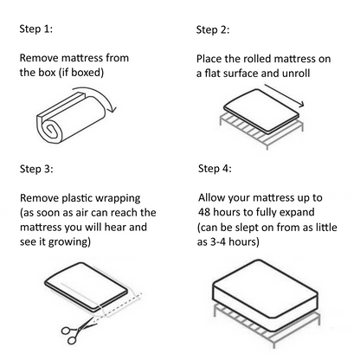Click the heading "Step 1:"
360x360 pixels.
[35, 29]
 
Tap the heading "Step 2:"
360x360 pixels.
[213, 30]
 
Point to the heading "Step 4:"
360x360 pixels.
[215, 168]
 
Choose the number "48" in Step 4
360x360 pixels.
[207, 213]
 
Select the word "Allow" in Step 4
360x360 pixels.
[214, 197]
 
